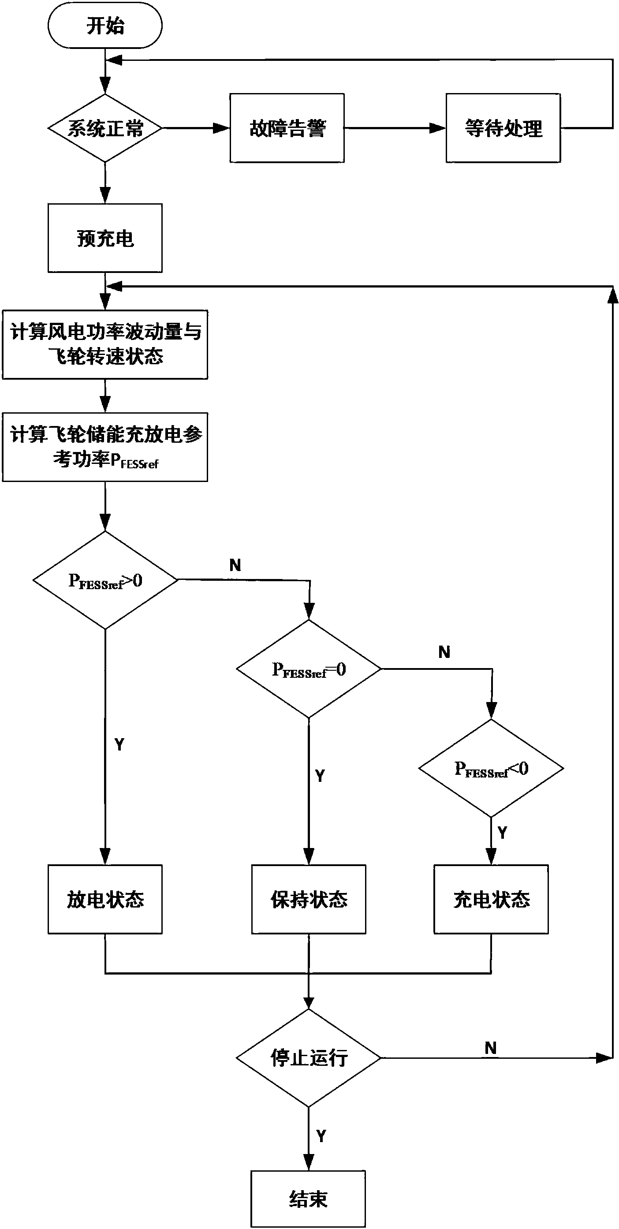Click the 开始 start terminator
click(x=105, y=25)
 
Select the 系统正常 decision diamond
click(x=105, y=128)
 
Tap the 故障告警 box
click(x=287, y=128)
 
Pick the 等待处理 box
click(x=503, y=128)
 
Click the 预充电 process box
click(x=105, y=238)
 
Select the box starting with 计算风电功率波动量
click(x=105, y=344)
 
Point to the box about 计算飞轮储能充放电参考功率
click(x=105, y=447)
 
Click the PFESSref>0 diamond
click(x=105, y=580)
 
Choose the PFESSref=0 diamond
click(x=309, y=669)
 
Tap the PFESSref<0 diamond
click(x=491, y=768)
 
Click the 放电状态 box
click(x=105, y=899)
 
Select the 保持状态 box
click(x=309, y=899)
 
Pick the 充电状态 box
click(x=491, y=899)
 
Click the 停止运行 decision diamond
click(x=309, y=1058)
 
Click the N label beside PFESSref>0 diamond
click(x=235, y=565)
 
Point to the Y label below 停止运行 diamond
click(x=321, y=1136)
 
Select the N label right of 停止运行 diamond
click(x=491, y=1048)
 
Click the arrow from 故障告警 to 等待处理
click(x=395, y=128)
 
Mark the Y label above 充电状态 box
click(x=502, y=833)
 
